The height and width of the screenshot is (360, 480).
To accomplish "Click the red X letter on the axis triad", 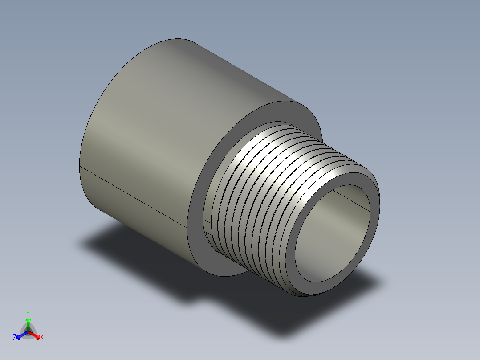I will point(42,338).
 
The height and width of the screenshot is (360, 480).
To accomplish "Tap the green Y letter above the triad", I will point(28,313).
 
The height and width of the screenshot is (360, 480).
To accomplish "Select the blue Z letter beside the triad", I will point(15,338).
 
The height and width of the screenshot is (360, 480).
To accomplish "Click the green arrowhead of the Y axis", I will point(28,320).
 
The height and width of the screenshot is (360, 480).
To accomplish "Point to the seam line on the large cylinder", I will point(134,196).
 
